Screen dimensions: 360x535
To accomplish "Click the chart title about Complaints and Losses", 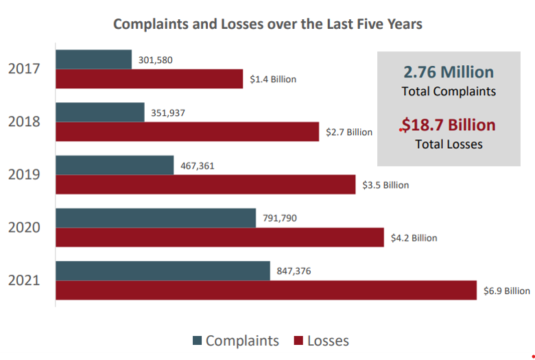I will coord(267,24).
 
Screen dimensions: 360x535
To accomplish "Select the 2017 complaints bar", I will coord(93,60).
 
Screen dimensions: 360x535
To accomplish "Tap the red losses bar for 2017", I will coord(149,79).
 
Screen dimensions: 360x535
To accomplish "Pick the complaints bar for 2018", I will coord(99,112).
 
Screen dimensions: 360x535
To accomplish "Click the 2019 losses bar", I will coord(205,184).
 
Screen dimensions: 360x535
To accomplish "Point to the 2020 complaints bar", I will coord(155,218).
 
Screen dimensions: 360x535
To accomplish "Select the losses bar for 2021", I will coord(265,290).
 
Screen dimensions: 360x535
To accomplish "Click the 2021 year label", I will coord(24,280).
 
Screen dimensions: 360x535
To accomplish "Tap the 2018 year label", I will coord(24,122).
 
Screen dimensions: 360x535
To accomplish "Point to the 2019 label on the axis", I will coord(24,175).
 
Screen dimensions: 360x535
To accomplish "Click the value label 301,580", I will coord(156,60).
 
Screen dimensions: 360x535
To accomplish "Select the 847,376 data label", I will coord(294,271).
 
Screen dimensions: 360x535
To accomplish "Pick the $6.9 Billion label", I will coord(507,291).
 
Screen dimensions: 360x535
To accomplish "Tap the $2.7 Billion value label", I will coord(349,132).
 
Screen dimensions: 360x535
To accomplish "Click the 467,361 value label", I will coord(198,165).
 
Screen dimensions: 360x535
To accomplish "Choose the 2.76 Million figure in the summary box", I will coord(449,72).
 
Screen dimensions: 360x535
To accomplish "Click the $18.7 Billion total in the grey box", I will coord(449,125).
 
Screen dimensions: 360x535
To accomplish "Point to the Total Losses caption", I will coord(449,144).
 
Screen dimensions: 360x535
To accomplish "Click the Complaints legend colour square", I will coord(198,341).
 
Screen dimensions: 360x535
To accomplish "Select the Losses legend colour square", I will coord(298,341).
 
